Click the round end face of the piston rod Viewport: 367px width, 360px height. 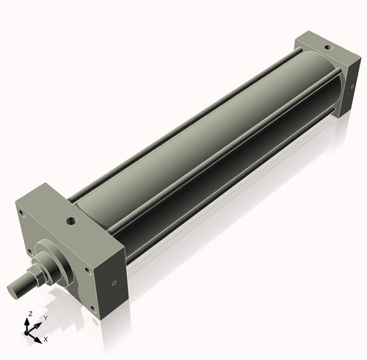(14, 289)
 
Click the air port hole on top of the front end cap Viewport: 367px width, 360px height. (70, 219)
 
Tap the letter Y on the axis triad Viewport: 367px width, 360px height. (46, 318)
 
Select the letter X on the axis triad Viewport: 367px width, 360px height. (46, 339)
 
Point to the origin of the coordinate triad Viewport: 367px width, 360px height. (31, 332)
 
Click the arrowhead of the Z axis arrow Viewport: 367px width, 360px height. (30, 320)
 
